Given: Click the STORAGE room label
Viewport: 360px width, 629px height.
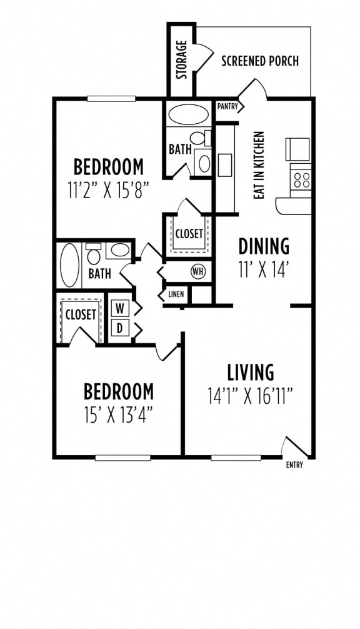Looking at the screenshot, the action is [x=182, y=60].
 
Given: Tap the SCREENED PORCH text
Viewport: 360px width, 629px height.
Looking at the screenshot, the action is [x=260, y=61].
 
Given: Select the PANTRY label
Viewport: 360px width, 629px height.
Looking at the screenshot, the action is [x=227, y=106].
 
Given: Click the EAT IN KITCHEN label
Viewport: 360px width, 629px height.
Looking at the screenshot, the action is [x=259, y=165].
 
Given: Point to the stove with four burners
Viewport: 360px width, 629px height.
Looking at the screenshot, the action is [x=301, y=180].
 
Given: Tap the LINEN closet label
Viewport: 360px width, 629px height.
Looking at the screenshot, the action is [x=176, y=294].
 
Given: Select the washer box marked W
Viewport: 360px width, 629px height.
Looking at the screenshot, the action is [x=119, y=309].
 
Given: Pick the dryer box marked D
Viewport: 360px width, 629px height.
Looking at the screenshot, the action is [x=119, y=328].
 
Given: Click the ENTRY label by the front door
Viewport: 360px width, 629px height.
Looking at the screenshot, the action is [x=294, y=465].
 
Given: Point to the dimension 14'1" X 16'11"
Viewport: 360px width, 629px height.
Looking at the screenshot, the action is [x=250, y=396].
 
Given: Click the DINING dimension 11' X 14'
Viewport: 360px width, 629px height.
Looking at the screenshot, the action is [x=263, y=269].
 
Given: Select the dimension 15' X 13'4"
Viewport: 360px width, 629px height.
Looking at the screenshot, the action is [x=119, y=415].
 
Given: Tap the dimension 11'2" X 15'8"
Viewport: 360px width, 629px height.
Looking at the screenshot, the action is [x=109, y=190].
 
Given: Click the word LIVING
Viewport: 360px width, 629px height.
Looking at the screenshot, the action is [x=251, y=372].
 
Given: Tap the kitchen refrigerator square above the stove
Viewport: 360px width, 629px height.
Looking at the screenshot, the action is [x=297, y=149].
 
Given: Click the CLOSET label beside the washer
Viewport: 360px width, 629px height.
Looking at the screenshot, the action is [x=81, y=314].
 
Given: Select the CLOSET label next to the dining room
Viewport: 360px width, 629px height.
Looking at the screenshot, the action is [x=189, y=233].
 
